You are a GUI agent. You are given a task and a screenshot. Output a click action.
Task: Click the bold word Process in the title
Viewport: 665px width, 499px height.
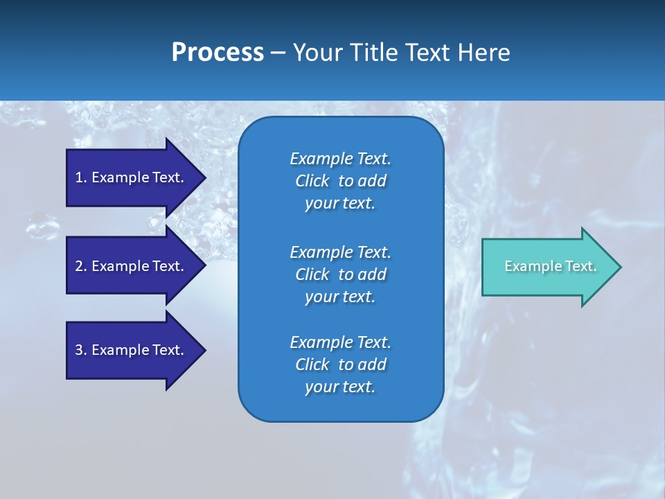point(218,53)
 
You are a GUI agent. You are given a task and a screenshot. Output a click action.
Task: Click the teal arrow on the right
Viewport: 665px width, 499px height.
point(547,267)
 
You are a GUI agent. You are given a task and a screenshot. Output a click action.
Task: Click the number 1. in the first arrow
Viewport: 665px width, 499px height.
point(81,177)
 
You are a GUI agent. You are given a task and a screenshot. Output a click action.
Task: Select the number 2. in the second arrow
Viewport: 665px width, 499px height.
point(81,266)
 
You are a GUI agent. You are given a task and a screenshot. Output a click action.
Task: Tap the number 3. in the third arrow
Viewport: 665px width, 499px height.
point(81,350)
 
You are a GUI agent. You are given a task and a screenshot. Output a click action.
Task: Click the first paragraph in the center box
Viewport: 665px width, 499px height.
point(340,181)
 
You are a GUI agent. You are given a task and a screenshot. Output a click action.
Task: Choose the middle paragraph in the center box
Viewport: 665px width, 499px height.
point(340,274)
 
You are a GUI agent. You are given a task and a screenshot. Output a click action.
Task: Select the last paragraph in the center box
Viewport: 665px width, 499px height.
point(340,365)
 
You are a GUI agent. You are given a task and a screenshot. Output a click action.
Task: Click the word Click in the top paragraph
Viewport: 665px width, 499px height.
point(312,181)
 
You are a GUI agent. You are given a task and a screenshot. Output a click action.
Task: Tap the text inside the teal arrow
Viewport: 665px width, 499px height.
point(550,266)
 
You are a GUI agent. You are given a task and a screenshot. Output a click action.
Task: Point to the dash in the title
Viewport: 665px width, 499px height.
point(278,53)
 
